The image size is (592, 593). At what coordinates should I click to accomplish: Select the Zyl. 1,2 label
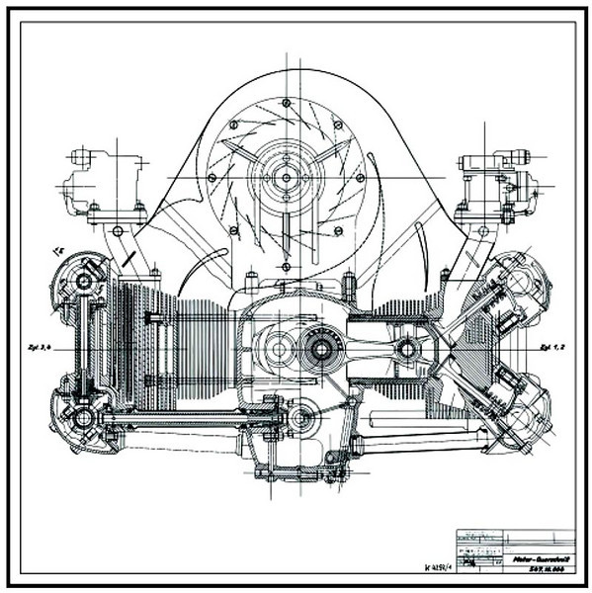[551, 348]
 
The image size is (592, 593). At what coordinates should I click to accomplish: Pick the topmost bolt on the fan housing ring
[286, 103]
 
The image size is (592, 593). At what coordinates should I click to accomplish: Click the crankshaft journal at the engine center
[321, 348]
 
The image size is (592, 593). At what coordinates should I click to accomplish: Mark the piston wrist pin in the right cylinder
[404, 349]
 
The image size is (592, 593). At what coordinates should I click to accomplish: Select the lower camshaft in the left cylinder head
[82, 416]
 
